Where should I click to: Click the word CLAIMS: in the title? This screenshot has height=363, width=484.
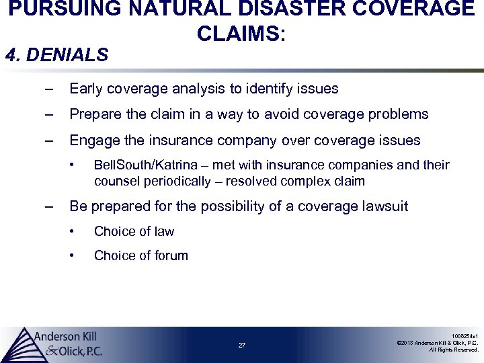242,33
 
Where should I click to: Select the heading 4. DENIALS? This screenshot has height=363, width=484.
56,55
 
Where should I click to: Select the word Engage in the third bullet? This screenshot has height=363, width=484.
91,140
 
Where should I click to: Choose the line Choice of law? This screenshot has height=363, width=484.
134,231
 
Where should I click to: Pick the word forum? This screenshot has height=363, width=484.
170,255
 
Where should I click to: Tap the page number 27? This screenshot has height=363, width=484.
242,346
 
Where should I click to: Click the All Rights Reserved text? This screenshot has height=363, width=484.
454,350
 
